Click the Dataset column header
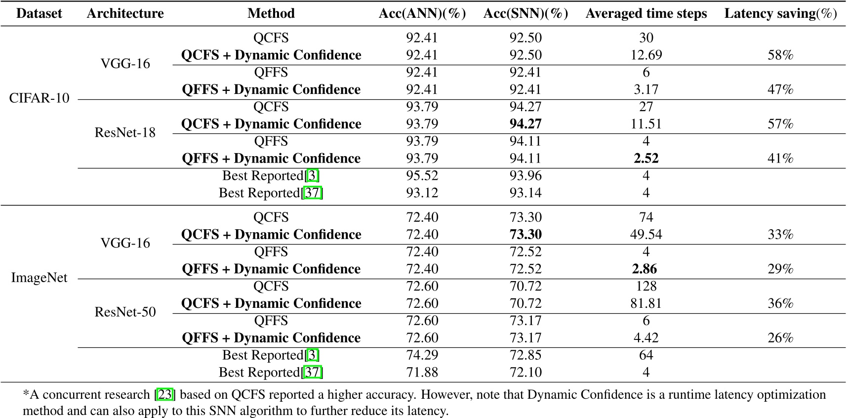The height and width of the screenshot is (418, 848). [39, 13]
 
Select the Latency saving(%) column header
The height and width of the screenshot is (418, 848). [780, 13]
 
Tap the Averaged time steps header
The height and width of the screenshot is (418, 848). [646, 13]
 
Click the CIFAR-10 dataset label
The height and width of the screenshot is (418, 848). [39, 98]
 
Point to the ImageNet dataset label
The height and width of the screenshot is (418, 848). [39, 277]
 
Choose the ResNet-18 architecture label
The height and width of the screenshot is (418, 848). [125, 132]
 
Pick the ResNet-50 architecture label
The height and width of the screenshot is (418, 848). [125, 312]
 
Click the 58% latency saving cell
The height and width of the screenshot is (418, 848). [780, 55]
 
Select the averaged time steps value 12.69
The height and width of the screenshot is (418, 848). [646, 55]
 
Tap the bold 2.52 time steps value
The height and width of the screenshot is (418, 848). [646, 158]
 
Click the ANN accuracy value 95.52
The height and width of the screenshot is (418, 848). [422, 175]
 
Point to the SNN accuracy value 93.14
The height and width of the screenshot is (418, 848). [525, 193]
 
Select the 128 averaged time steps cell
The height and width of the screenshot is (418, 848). [646, 286]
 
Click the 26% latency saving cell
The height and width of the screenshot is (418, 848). [780, 337]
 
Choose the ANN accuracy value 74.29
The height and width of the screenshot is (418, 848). [422, 355]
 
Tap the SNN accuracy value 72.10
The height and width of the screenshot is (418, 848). [525, 372]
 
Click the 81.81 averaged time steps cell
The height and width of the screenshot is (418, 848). [646, 303]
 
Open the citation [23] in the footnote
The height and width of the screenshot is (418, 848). [165, 395]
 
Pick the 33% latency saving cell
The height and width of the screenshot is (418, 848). [780, 234]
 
